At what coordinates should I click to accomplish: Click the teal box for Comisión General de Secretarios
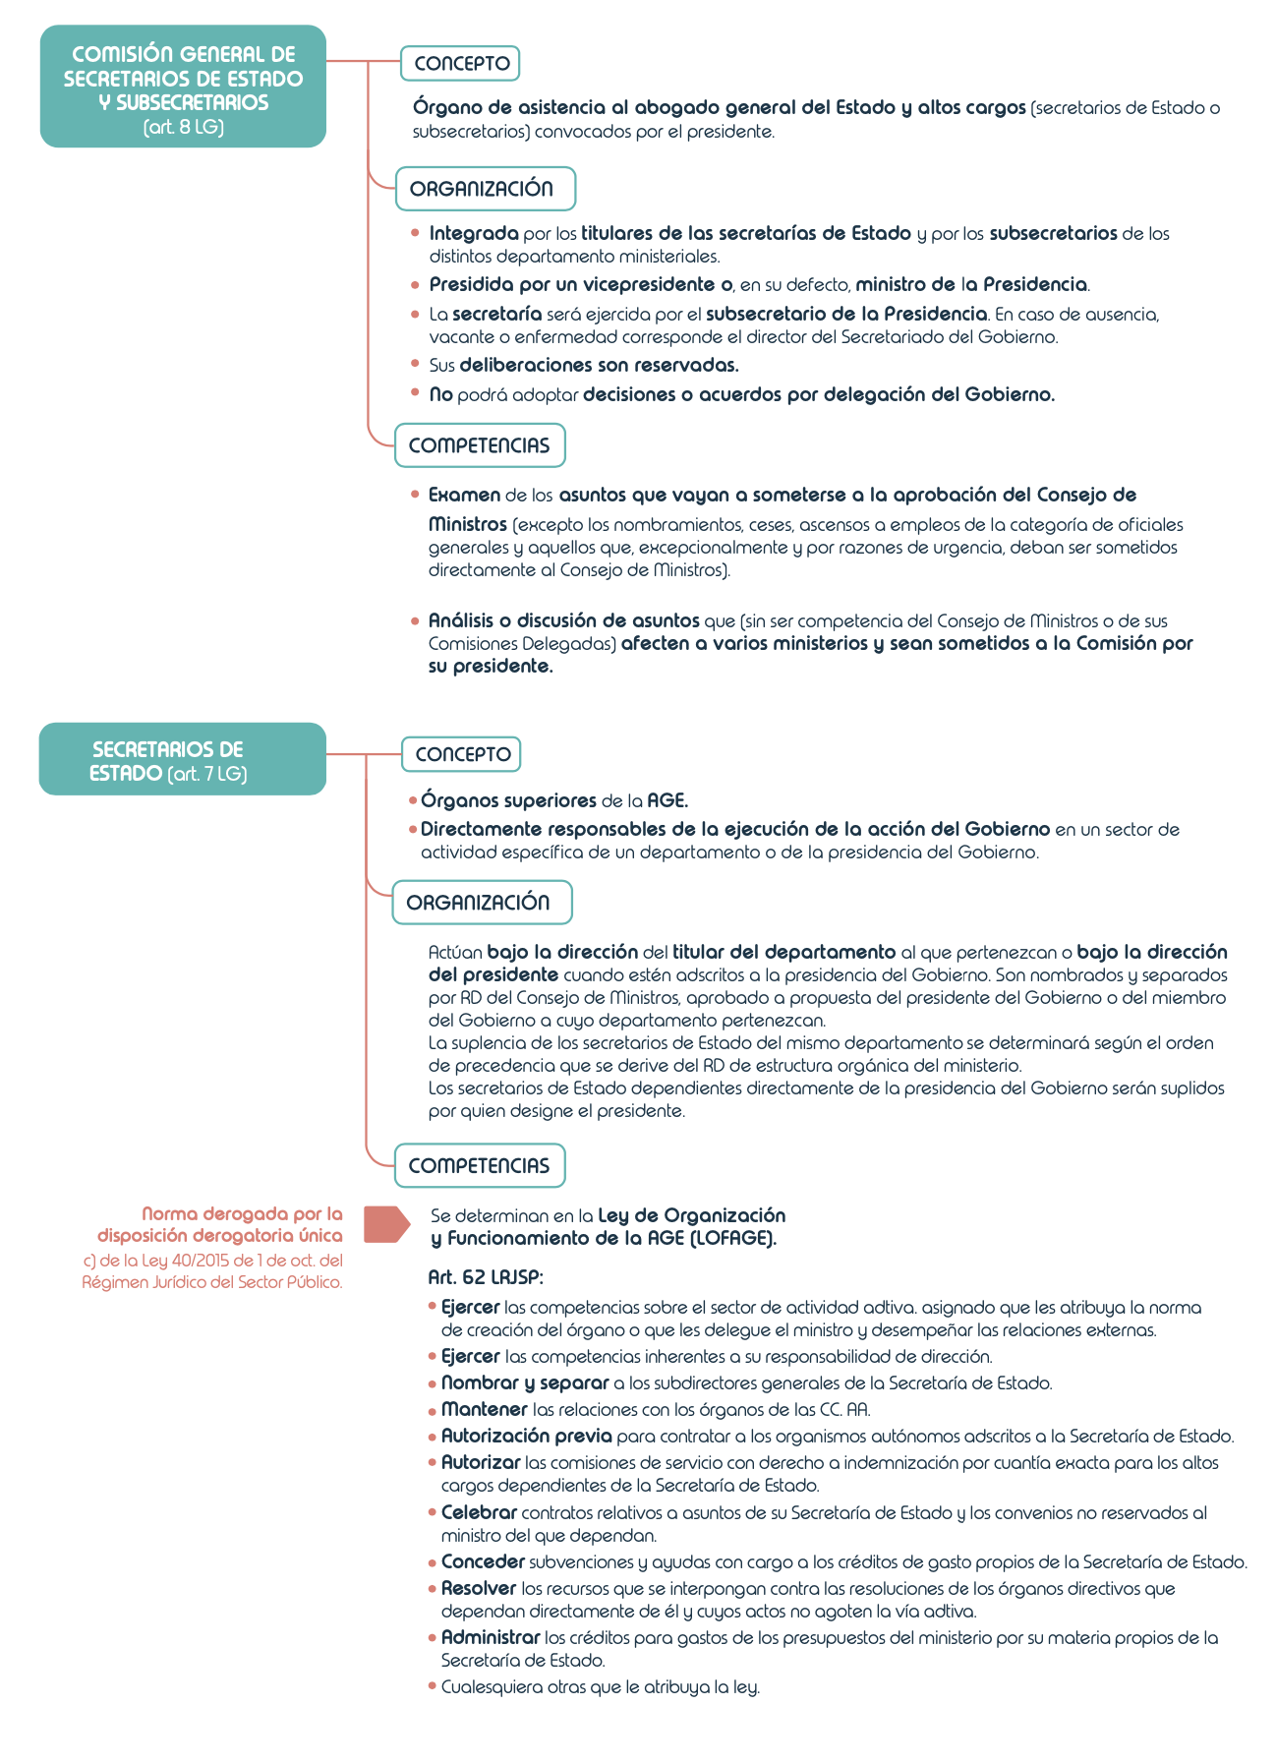click(x=183, y=87)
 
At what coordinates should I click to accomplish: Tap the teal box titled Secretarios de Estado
click(x=183, y=760)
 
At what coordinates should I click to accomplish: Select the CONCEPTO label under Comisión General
click(x=460, y=64)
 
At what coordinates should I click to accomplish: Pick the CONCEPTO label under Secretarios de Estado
click(x=461, y=755)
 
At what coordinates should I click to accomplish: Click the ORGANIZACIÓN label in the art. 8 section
click(x=485, y=189)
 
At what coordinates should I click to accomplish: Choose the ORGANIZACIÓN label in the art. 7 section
click(x=482, y=903)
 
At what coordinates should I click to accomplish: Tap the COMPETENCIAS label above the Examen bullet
click(x=479, y=445)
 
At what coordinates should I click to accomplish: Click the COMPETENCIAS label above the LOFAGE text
click(x=480, y=1166)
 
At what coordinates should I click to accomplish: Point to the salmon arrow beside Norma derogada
click(x=385, y=1224)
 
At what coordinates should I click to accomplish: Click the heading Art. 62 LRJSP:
click(x=486, y=1277)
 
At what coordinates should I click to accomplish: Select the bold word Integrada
click(x=474, y=234)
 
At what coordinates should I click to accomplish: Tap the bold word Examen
click(x=464, y=495)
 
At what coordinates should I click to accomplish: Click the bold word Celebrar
click(x=479, y=1512)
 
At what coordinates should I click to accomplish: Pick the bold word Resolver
click(x=479, y=1588)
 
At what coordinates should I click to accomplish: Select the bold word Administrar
click(x=491, y=1637)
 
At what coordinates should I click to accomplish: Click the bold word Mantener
click(x=485, y=1409)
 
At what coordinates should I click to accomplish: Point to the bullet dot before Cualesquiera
click(x=432, y=1686)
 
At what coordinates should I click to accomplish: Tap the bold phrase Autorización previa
click(x=526, y=1436)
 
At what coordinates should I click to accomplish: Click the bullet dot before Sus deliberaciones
click(x=415, y=365)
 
